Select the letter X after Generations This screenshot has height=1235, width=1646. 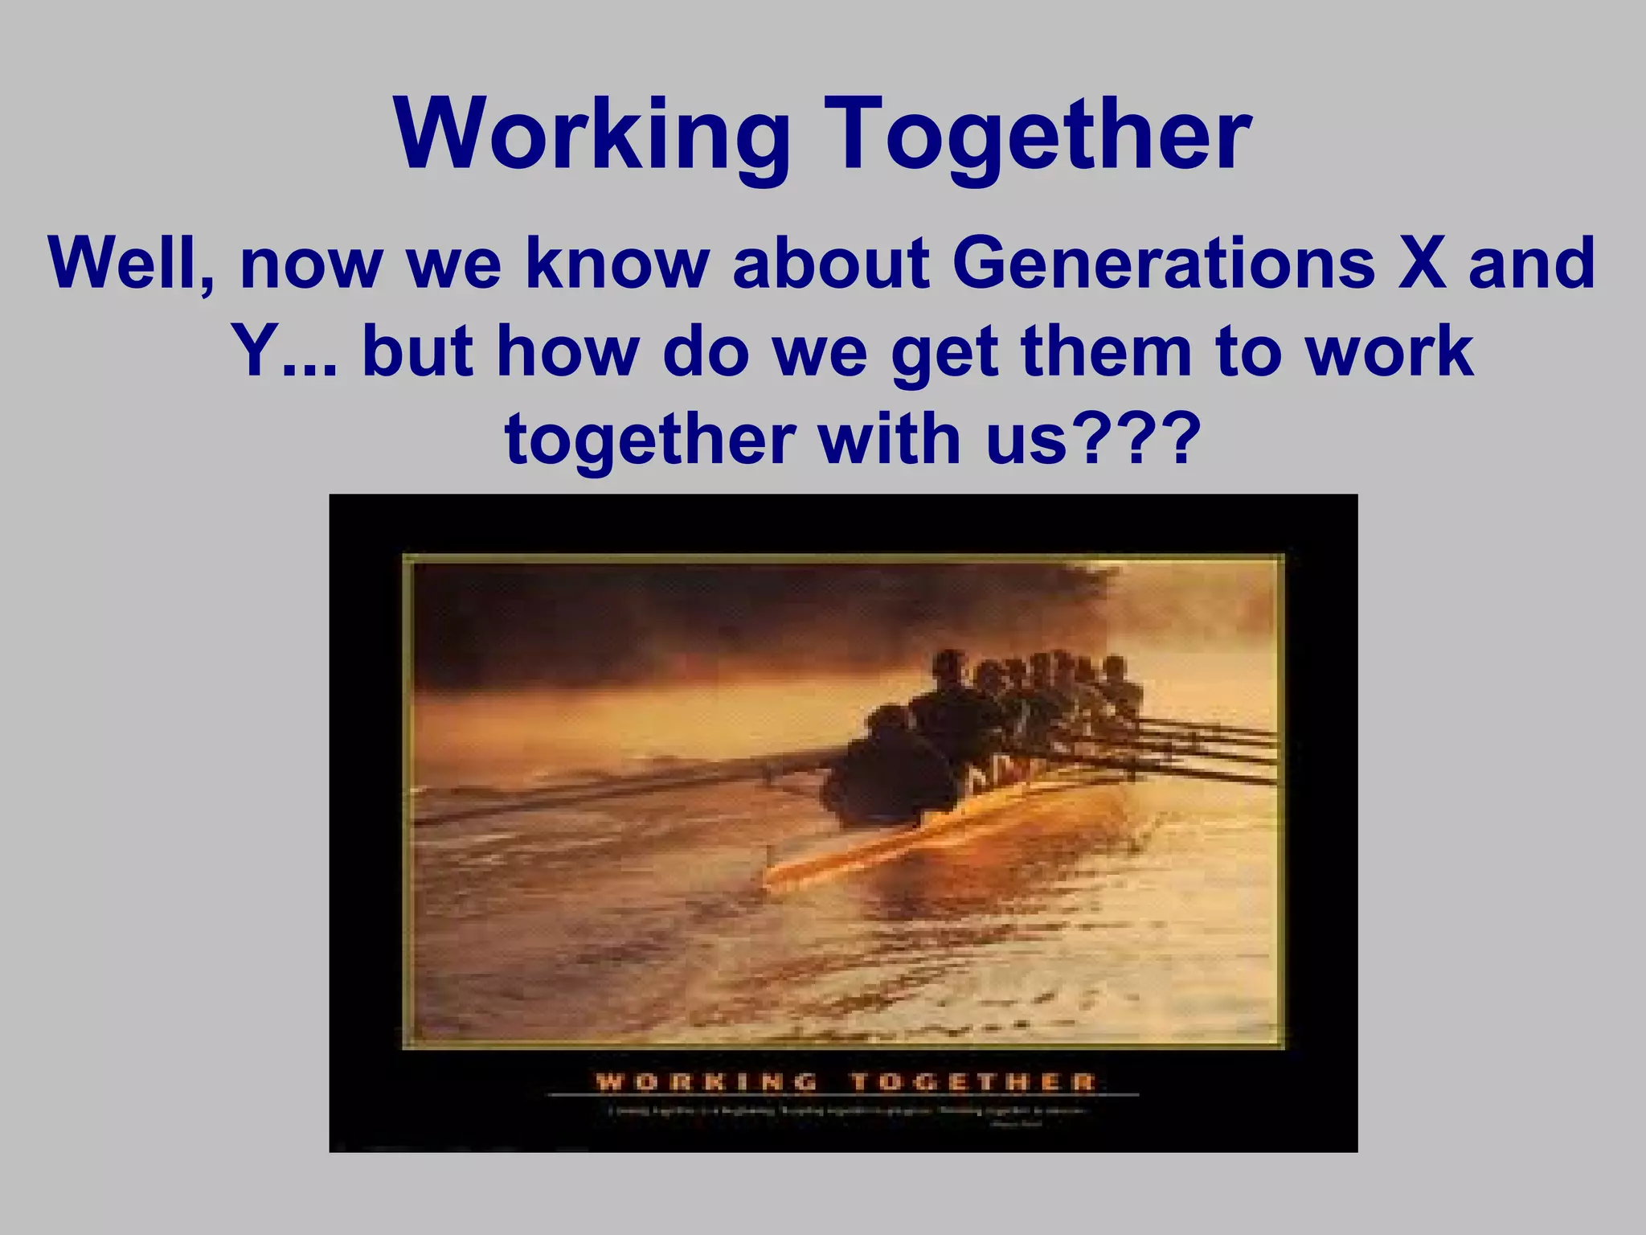(x=1421, y=264)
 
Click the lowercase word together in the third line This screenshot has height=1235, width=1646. (x=649, y=440)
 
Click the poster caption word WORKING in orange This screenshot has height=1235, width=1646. (x=706, y=1081)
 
